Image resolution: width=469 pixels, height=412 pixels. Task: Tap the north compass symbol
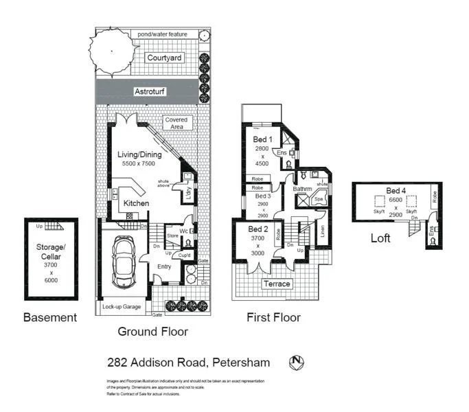point(297,361)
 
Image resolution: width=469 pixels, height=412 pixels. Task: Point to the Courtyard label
point(164,58)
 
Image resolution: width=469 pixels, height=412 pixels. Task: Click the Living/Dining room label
point(139,154)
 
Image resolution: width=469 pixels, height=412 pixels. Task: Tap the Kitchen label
point(136,203)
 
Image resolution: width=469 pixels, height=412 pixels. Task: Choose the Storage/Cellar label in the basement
point(51,252)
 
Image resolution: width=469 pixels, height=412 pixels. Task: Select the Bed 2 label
point(258,229)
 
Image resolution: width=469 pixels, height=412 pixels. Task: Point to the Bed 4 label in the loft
point(395,190)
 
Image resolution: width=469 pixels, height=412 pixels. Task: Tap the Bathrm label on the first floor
point(302,188)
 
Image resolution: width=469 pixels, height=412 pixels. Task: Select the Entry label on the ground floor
point(164,266)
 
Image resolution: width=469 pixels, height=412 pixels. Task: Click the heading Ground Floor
point(152,331)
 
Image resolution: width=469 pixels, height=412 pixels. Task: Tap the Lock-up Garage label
point(122,307)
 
